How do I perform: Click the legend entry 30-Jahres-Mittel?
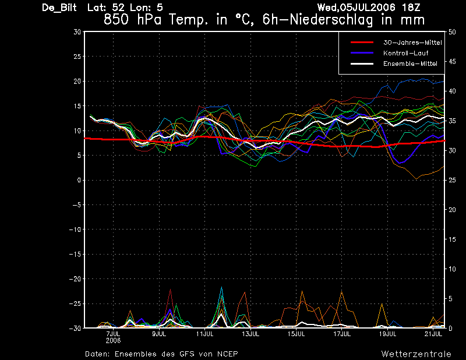412,43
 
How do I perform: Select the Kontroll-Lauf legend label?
405,53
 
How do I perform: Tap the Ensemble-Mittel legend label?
410,63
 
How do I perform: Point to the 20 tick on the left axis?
77,81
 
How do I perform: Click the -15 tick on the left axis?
75,254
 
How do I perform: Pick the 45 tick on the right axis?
452,62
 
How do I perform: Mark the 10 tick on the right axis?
452,269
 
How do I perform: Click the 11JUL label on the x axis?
205,334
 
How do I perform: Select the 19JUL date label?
387,334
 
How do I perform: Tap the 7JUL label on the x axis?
113,334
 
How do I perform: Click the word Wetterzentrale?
416,354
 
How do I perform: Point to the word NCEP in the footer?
227,354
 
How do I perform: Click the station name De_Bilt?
59,8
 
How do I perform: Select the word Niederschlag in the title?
331,20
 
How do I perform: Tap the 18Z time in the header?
411,8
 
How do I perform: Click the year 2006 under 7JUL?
113,340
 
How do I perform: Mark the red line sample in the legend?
362,43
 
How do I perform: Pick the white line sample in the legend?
362,63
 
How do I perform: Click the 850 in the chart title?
116,20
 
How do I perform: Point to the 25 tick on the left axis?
77,56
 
